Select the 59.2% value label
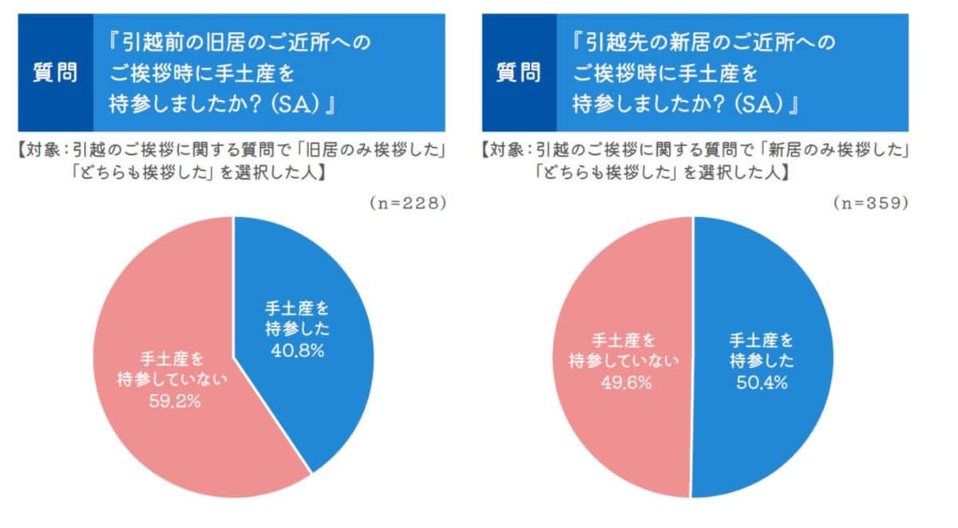click(173, 401)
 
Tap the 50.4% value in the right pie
click(761, 383)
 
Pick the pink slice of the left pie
click(160, 320)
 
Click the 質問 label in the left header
click(55, 73)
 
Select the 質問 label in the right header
click(518, 73)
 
